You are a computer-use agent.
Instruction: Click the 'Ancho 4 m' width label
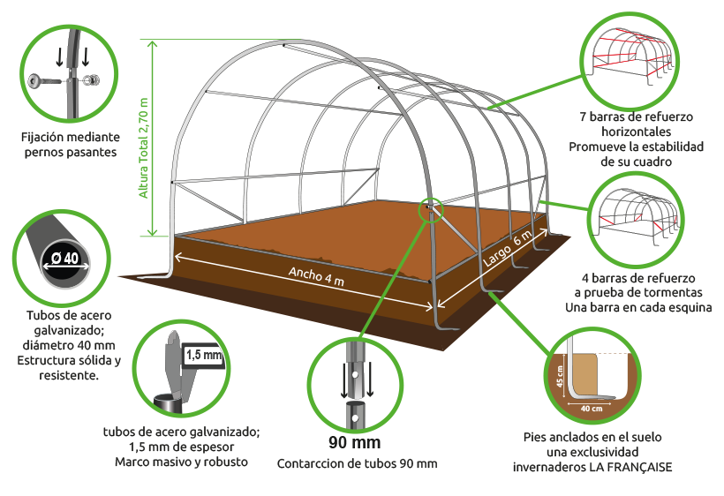(316, 276)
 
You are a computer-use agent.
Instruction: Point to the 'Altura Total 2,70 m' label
(144, 148)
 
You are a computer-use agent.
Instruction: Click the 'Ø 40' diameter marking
(65, 258)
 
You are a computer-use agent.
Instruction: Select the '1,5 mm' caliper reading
(204, 355)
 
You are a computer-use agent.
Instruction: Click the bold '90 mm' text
(355, 442)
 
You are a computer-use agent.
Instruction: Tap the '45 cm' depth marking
(560, 377)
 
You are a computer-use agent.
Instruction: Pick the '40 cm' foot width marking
(592, 409)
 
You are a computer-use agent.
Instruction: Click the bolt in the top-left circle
(44, 81)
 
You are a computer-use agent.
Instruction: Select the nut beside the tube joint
(93, 79)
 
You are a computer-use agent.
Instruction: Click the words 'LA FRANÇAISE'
(630, 467)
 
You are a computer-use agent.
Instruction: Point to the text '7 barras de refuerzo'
(637, 116)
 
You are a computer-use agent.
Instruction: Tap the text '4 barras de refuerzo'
(638, 278)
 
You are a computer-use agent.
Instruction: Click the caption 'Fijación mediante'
(70, 137)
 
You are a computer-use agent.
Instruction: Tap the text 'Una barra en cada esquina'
(638, 307)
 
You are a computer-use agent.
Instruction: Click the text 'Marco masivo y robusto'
(182, 462)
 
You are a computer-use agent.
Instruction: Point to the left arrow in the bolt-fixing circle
(59, 56)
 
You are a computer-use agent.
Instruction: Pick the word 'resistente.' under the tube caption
(69, 375)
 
